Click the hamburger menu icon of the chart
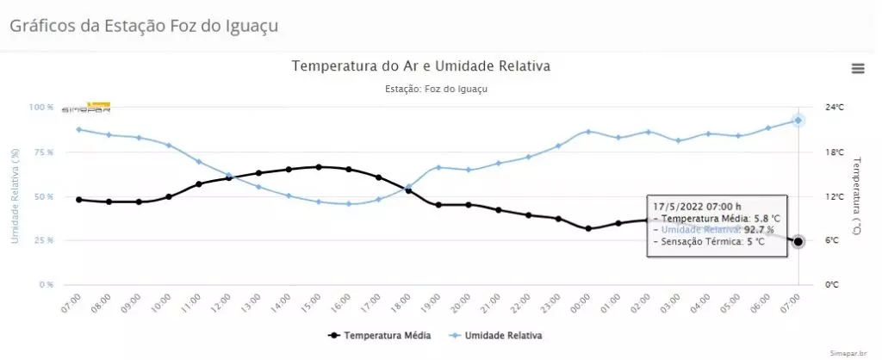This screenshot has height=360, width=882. (x=858, y=69)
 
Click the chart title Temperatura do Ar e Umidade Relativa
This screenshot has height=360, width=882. (x=420, y=66)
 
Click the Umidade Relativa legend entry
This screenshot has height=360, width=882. (x=494, y=335)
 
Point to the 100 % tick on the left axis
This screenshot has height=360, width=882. (x=41, y=108)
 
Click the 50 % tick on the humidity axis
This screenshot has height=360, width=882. (x=43, y=196)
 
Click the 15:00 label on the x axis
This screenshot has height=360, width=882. (x=314, y=303)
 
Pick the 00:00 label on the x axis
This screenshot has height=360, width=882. (x=583, y=303)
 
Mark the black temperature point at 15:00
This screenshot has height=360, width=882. (x=319, y=167)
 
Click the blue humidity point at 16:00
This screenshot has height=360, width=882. (x=349, y=204)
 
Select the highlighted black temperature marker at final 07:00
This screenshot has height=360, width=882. (x=798, y=242)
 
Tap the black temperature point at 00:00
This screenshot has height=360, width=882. (x=588, y=228)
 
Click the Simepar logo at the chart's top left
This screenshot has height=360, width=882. (x=85, y=108)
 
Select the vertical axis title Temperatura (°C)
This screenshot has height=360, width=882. (x=856, y=196)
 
